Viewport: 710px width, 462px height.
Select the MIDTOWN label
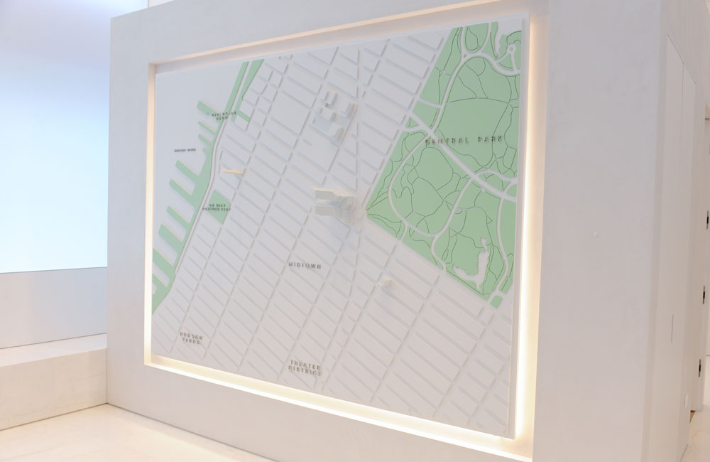point(305,266)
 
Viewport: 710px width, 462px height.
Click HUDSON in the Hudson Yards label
point(190,334)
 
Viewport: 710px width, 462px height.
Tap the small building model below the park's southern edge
point(388,284)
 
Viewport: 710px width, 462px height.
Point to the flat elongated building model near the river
point(234,171)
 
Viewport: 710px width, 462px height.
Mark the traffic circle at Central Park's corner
point(361,212)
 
